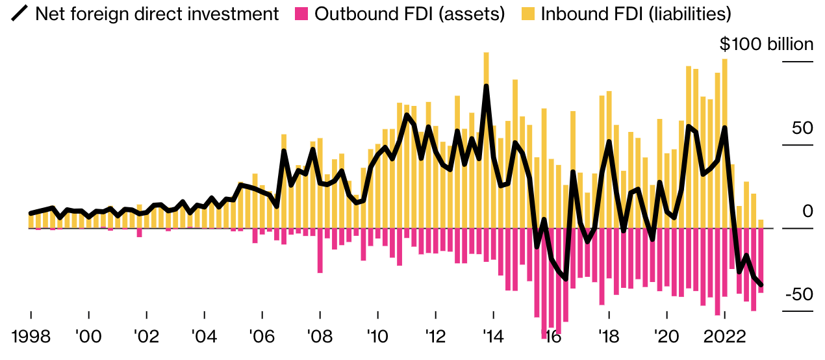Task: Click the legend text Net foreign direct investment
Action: [x=157, y=14]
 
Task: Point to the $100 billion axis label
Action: [x=766, y=44]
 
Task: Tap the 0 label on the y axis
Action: [x=807, y=211]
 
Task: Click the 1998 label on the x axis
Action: [x=31, y=337]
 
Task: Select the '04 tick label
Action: [x=204, y=337]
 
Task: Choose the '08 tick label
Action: [x=320, y=337]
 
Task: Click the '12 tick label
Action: [x=435, y=337]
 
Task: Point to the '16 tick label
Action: [x=551, y=337]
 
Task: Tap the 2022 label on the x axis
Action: [x=724, y=337]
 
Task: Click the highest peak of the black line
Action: [x=486, y=86]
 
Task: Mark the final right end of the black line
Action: [x=761, y=285]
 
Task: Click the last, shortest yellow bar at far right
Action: [x=761, y=224]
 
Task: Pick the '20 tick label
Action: [x=666, y=337]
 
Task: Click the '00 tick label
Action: [x=88, y=337]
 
